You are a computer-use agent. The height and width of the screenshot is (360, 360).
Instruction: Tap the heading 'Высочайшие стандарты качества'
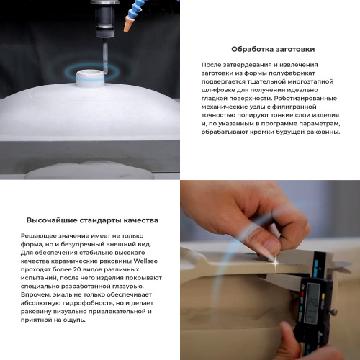pyautogui.click(x=92, y=220)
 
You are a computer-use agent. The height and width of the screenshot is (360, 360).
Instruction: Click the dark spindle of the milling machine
pyautogui.click(x=105, y=18)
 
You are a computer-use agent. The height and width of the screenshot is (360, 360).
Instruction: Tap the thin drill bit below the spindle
pyautogui.click(x=104, y=55)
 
